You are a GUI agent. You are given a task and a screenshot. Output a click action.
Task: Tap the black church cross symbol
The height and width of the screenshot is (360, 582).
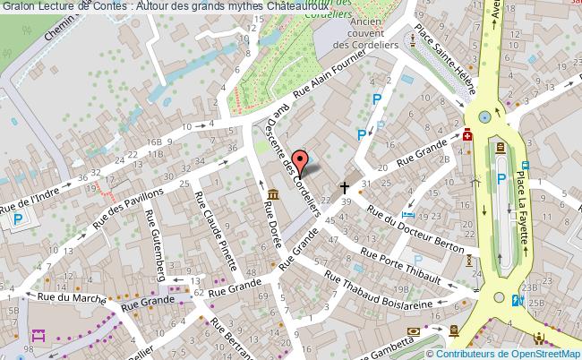pos(345,188)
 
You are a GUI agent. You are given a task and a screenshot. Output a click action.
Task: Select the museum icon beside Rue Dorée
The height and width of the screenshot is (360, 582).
pos(272,194)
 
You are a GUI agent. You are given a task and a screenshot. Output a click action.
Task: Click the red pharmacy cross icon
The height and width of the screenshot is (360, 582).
pos(467,136)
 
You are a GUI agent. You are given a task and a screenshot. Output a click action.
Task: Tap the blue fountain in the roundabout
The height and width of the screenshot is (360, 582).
pos(485,116)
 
